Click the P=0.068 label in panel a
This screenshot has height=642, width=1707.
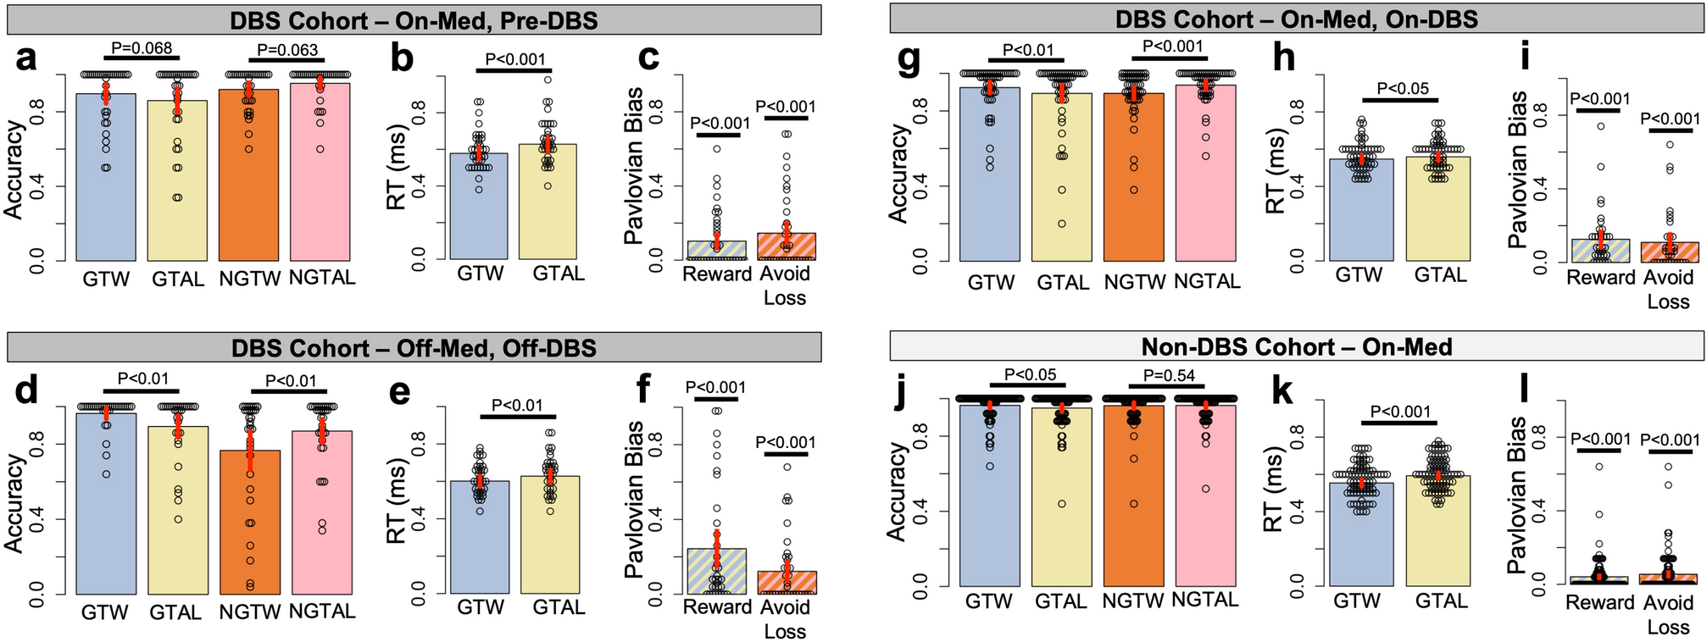click(141, 47)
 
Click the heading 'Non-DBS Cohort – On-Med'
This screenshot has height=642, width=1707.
click(1296, 346)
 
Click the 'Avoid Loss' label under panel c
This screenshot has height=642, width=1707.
click(784, 285)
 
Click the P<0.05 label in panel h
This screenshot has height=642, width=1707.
click(1402, 88)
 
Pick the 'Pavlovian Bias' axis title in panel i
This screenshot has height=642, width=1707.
click(1518, 169)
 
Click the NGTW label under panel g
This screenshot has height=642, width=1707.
click(1133, 282)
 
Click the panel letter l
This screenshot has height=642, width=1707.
click(1523, 394)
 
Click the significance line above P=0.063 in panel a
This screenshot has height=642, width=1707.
click(284, 60)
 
